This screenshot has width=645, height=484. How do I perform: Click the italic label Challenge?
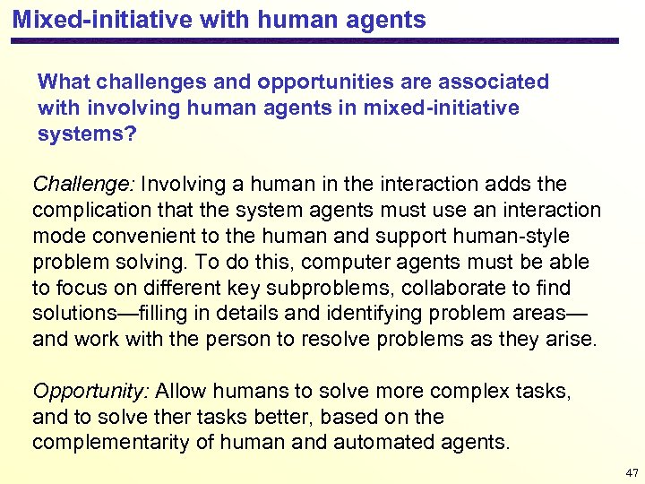[83, 185]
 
